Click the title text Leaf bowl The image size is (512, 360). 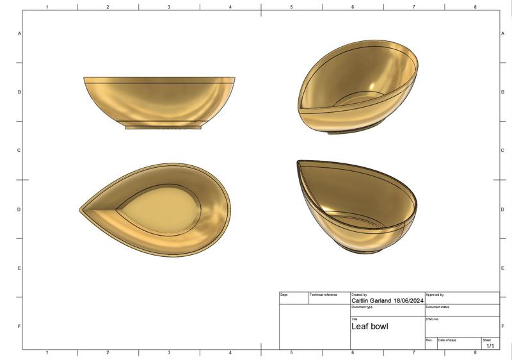369,326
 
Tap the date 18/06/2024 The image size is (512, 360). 408,300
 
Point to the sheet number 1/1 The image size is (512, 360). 490,346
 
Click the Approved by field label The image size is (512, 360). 435,295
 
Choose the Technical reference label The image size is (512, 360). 323,295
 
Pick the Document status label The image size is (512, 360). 437,307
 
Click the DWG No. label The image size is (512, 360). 433,319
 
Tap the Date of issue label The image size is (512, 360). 447,340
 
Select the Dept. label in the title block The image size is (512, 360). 284,295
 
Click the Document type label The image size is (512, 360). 362,307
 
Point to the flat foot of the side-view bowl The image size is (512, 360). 163,127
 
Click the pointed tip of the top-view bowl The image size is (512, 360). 81,209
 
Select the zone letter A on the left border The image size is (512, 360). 19,33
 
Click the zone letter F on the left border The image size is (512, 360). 19,327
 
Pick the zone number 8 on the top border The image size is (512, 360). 475,7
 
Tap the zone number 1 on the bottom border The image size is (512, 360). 47,352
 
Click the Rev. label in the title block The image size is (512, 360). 429,340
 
